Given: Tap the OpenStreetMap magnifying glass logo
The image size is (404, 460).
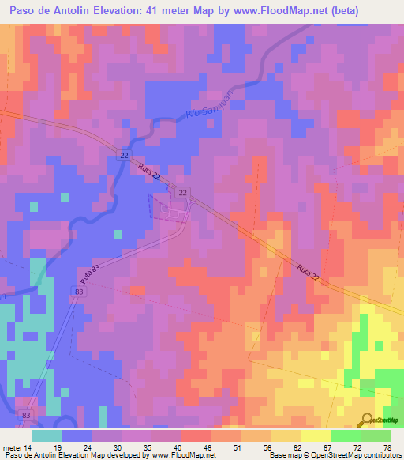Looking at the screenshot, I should point(366,420).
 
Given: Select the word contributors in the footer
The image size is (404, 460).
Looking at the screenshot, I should point(377,456).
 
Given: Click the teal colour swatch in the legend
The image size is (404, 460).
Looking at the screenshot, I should point(47,435).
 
